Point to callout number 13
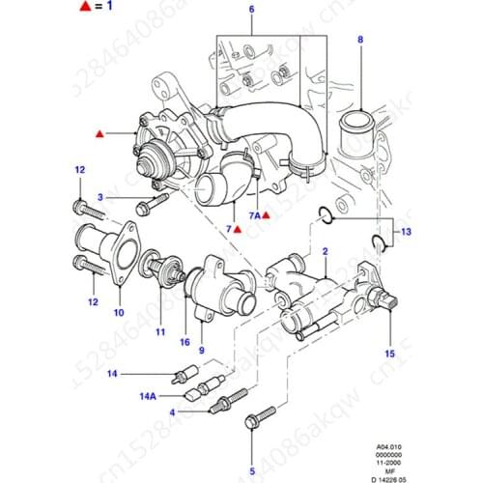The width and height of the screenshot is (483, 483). tap(407, 233)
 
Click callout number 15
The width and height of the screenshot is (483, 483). tap(390, 354)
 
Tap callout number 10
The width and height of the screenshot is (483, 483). tap(118, 313)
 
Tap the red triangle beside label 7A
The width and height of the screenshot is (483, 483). tap(266, 218)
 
